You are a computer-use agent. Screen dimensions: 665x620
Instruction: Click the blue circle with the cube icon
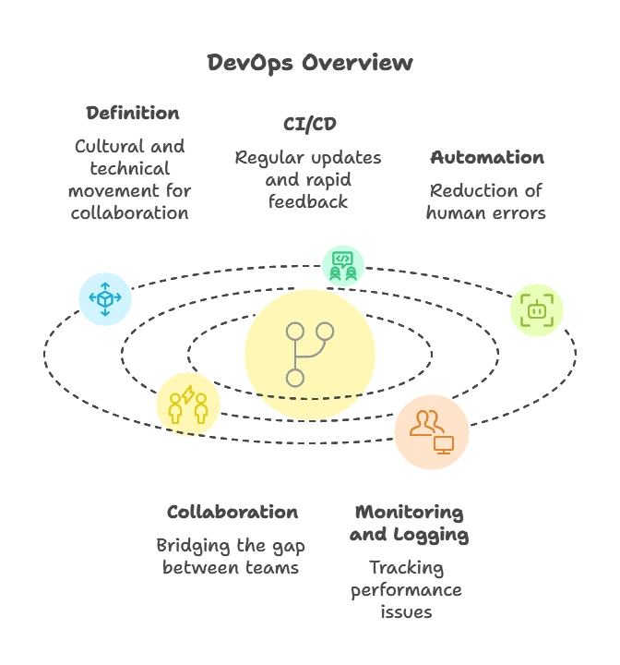tap(105, 298)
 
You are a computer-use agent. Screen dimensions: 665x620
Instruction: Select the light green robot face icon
tap(537, 310)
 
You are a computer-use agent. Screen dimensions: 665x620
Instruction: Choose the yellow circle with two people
tap(187, 405)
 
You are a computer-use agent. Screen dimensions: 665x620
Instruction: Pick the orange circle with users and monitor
tap(432, 432)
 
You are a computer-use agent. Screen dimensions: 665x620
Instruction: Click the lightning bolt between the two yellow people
tap(188, 394)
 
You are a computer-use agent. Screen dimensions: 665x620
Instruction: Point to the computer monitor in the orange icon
tap(444, 444)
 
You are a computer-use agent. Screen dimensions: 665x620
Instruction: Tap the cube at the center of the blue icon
tap(105, 299)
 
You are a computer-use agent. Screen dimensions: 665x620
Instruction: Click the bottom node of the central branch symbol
tap(295, 378)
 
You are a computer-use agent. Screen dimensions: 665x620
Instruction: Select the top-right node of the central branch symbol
tap(325, 331)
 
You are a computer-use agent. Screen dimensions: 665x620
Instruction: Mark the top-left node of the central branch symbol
tap(295, 331)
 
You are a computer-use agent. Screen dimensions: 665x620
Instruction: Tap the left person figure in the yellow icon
tap(174, 409)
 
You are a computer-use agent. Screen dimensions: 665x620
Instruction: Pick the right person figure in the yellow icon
tap(200, 409)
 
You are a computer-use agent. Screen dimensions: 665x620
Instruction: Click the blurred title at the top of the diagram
tap(309, 63)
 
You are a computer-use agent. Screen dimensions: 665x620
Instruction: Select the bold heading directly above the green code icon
tap(309, 122)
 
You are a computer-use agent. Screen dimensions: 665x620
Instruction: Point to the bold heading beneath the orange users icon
tap(409, 524)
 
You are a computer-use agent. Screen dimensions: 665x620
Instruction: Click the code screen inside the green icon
tap(342, 258)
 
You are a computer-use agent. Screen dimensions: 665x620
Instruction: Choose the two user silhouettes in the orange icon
tap(425, 423)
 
